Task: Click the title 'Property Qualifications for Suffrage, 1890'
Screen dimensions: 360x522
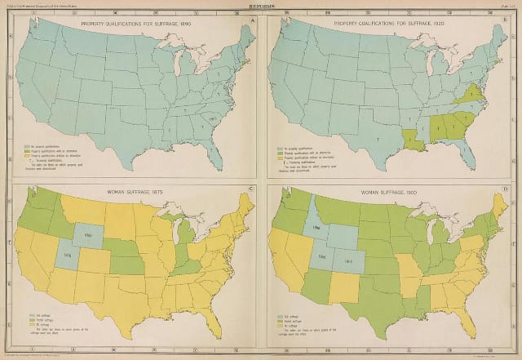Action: tap(135, 24)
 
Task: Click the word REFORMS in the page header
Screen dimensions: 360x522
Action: tap(260, 5)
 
